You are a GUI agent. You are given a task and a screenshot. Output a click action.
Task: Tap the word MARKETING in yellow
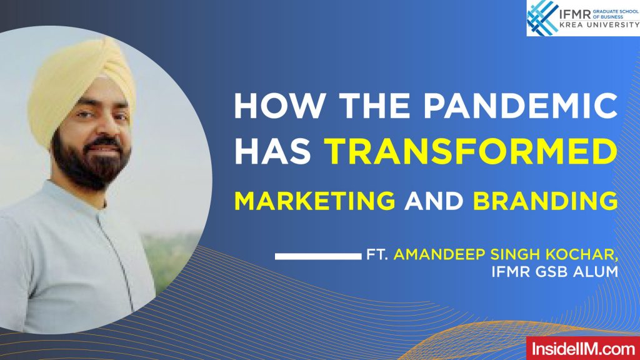pyautogui.click(x=314, y=201)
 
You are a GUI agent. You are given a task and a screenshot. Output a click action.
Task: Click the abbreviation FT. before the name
pyautogui.click(x=377, y=256)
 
